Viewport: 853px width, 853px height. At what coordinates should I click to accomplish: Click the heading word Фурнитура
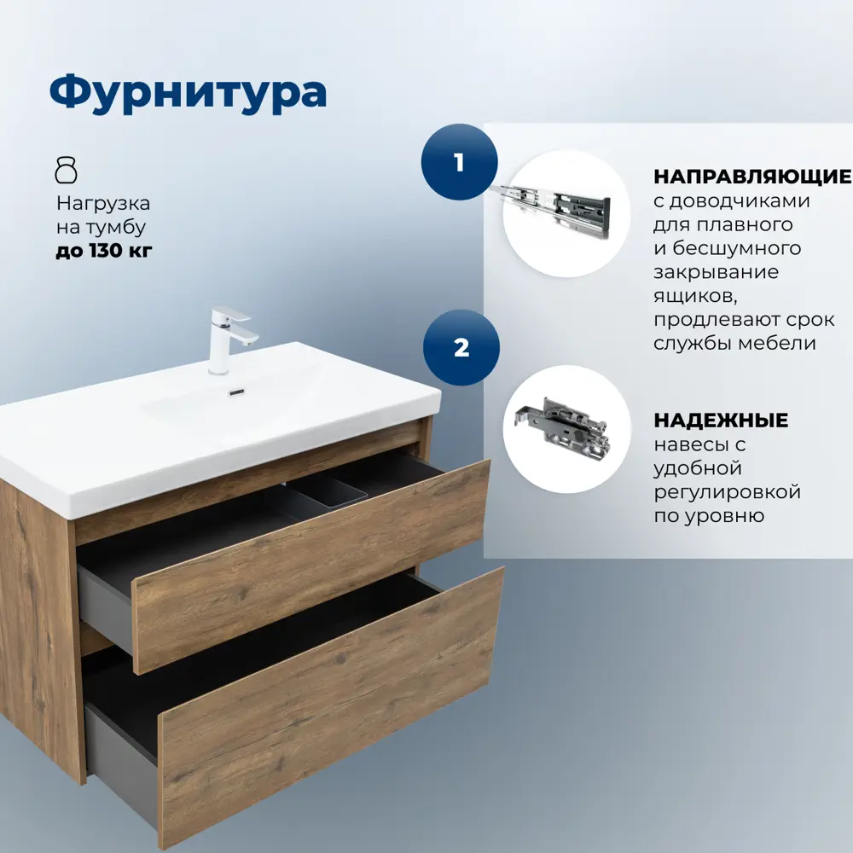click(188, 92)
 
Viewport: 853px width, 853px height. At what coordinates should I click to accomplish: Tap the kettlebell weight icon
click(67, 171)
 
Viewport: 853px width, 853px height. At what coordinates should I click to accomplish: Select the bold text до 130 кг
click(103, 251)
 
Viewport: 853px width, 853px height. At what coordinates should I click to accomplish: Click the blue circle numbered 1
click(459, 162)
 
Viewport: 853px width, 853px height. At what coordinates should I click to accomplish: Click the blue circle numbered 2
click(461, 348)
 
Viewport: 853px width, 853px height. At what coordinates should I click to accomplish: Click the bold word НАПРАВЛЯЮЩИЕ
click(751, 177)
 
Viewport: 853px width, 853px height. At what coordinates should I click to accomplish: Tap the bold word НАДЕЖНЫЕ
click(720, 421)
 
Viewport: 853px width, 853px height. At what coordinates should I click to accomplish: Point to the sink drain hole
click(237, 392)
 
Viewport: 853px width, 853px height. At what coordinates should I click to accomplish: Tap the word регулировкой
click(726, 492)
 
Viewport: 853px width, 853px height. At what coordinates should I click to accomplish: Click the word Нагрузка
click(103, 203)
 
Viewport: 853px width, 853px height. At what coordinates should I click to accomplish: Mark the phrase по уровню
click(708, 516)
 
